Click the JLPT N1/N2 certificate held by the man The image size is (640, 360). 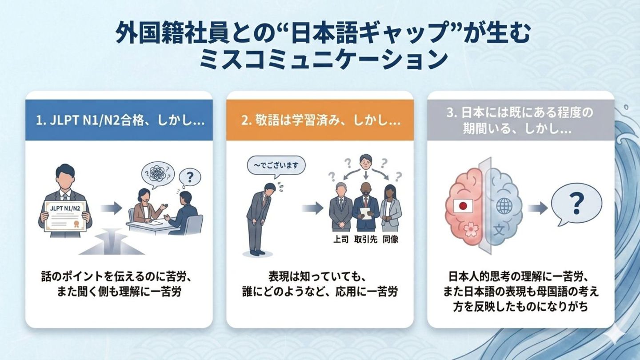coord(66,215)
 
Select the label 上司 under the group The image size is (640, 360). coord(341,239)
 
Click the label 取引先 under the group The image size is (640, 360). coord(365,239)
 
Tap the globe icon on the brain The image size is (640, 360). coord(504,206)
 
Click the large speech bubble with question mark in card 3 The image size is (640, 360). coord(576,206)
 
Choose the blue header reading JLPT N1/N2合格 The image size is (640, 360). coord(119,120)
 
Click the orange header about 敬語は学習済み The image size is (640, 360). coord(320,120)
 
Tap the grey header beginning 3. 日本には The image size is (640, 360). coord(520,120)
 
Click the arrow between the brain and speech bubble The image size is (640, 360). coord(536,208)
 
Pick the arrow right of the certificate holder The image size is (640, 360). coord(111,208)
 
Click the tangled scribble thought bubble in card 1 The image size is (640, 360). coord(157,173)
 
